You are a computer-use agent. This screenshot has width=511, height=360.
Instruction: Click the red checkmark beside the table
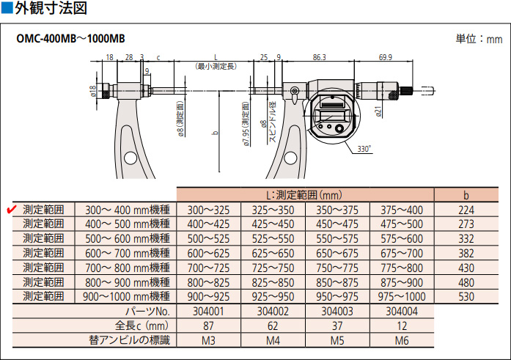(12, 209)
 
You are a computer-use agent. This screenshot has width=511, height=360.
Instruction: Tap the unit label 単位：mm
(479, 38)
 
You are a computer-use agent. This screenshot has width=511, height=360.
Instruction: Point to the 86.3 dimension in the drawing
(318, 56)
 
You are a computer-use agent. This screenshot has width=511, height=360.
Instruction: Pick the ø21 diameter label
(379, 111)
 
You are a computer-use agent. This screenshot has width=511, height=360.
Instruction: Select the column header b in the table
(466, 195)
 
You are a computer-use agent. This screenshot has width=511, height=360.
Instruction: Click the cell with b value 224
(466, 209)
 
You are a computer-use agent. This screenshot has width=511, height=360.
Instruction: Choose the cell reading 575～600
(402, 238)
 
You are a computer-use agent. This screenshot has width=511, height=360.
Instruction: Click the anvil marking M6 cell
(402, 339)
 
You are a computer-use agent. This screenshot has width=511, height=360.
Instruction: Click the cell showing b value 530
(466, 296)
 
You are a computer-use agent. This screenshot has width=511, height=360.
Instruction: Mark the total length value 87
(209, 325)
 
